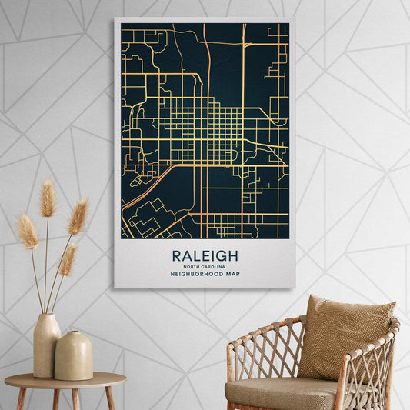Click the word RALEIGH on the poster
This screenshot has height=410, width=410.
(x=205, y=255)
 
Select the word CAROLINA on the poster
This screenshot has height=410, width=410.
(x=211, y=266)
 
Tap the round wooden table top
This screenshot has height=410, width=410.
(x=65, y=380)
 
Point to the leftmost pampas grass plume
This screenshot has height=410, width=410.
(x=28, y=231)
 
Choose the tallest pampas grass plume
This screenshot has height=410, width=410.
(x=48, y=199)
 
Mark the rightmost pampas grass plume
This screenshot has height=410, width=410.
(x=78, y=216)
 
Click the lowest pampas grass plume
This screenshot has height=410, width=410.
(x=68, y=260)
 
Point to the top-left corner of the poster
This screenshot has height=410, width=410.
(x=115, y=18)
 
